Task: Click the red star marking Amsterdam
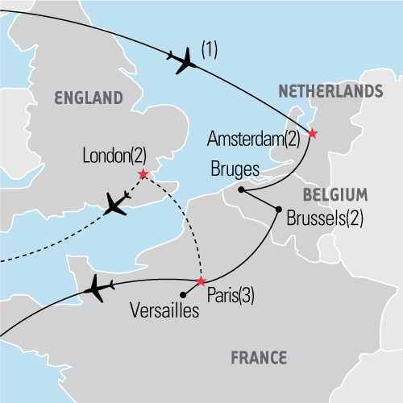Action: coord(313,135)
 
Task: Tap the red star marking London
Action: coord(143,174)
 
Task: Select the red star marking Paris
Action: coord(201,281)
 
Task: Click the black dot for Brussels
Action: coord(279,210)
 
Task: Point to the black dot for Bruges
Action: coord(240,190)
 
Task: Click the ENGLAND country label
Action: coord(88,98)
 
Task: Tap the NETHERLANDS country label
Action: coord(330,92)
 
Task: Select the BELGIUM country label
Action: coord(334,194)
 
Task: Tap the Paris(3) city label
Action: coord(231,296)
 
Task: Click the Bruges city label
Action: coord(232,171)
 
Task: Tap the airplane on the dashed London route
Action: coord(117,204)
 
